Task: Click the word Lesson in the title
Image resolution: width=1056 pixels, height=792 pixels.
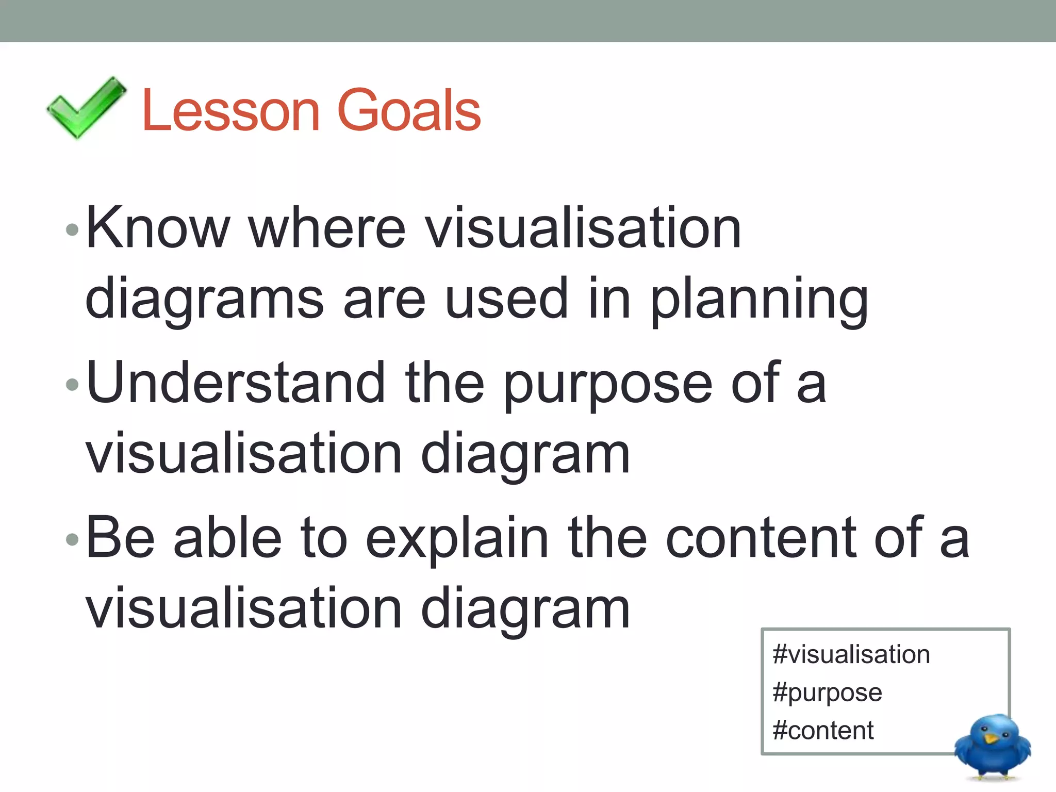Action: (x=230, y=110)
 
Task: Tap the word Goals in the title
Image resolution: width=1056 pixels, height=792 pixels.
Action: (x=408, y=110)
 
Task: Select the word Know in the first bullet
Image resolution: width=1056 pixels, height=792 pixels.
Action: (x=158, y=227)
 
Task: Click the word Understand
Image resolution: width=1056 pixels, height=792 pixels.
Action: (x=236, y=383)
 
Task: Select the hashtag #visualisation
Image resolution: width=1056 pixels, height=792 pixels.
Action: (x=851, y=654)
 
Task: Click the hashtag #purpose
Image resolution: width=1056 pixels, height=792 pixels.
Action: (x=827, y=692)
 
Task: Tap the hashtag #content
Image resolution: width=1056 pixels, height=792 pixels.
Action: (x=823, y=731)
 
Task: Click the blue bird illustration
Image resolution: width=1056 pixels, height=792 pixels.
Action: (x=992, y=746)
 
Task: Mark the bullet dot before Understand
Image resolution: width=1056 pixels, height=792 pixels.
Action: (x=72, y=384)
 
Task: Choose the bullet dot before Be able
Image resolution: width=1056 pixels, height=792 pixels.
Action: (x=72, y=539)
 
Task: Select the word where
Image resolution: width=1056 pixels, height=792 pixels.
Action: (x=327, y=227)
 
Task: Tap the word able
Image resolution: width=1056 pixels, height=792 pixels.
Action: (x=227, y=537)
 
